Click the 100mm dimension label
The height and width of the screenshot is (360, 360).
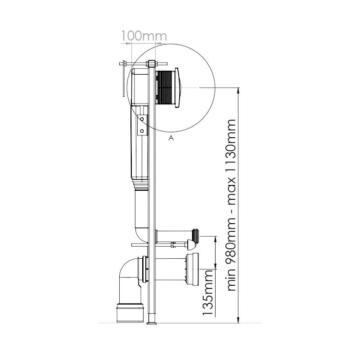coord(144,36)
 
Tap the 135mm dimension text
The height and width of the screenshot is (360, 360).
coord(208,293)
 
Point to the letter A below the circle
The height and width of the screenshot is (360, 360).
coord(171,138)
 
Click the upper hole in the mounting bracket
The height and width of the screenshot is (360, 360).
coord(142,119)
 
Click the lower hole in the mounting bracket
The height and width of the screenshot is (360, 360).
coord(142,131)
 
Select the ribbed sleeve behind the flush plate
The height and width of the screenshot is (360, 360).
coord(166,88)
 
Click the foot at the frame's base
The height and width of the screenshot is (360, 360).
coord(152,319)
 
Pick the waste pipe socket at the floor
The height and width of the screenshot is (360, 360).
coord(130,313)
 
